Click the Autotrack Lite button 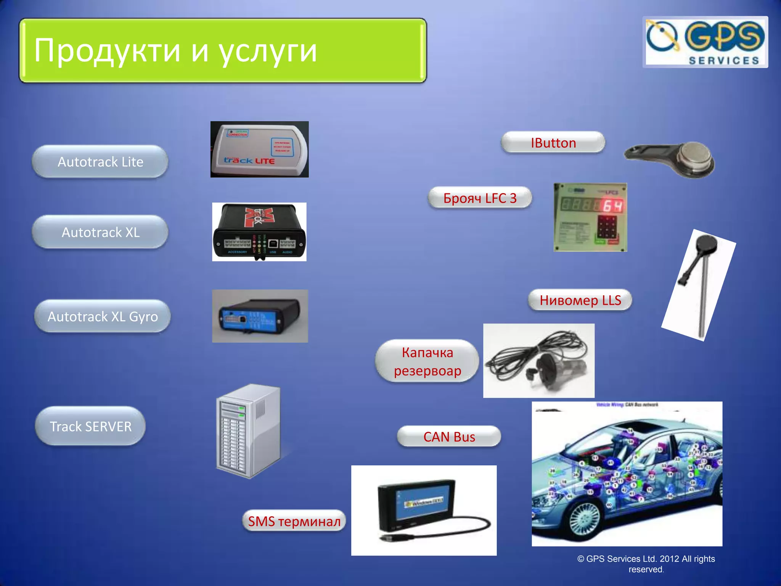[100, 162]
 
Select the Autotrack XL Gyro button [102, 316]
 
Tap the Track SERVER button [90, 426]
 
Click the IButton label [553, 143]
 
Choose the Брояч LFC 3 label [480, 198]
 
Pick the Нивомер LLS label [580, 300]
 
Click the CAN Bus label [449, 436]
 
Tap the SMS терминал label [294, 521]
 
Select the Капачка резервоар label [427, 361]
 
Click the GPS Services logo [705, 42]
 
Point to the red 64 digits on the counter [612, 206]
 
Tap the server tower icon [248, 431]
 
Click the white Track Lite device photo [259, 149]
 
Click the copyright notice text [646, 564]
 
